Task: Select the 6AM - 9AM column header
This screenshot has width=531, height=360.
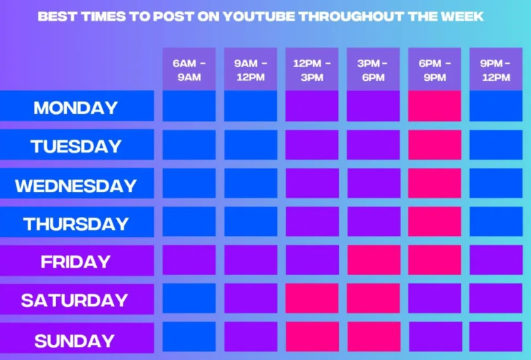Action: [189, 70]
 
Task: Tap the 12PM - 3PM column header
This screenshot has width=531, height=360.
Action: [312, 70]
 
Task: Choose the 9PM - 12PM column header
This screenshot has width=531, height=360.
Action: [496, 70]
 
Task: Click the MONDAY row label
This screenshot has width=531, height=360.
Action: [76, 107]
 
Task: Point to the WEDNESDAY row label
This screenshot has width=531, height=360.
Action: [76, 185]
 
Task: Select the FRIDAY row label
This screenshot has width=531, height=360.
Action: [76, 261]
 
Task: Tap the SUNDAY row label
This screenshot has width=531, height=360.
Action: [76, 340]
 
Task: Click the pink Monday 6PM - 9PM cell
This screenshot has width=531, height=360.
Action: [434, 106]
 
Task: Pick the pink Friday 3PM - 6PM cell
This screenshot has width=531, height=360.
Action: [373, 260]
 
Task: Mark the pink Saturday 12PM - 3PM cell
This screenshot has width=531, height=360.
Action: [312, 299]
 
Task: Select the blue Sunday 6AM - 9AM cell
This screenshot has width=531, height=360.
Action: [189, 337]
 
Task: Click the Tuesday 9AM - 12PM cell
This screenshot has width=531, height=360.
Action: [250, 145]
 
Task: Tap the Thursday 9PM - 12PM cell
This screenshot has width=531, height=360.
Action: [496, 222]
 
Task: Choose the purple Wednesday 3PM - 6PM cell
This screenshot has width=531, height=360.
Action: [373, 183]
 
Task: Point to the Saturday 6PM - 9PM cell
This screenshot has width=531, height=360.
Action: [434, 299]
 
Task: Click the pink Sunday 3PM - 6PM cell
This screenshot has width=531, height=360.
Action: [373, 337]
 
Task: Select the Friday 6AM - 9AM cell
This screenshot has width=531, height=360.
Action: [189, 260]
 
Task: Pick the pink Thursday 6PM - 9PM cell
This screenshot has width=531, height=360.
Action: [434, 222]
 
